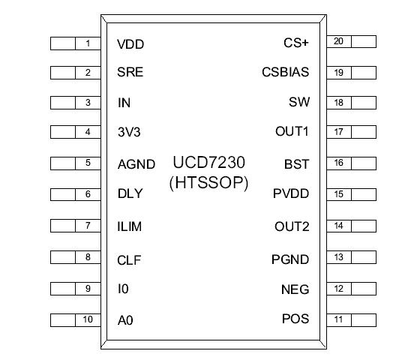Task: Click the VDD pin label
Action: [130, 44]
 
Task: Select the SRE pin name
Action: [130, 73]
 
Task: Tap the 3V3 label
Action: [129, 132]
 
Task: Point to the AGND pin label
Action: [136, 164]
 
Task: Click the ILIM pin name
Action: [130, 226]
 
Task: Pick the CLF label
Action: [129, 261]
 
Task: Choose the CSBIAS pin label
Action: [285, 73]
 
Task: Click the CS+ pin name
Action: [295, 43]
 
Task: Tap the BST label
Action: [296, 163]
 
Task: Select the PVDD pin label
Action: [291, 194]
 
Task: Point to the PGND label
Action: [290, 259]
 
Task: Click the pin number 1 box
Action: [88, 43]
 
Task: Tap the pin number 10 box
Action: [88, 319]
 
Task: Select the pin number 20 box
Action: [338, 41]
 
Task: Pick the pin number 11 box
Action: [338, 319]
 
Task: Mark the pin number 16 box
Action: [338, 162]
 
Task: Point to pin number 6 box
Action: [88, 194]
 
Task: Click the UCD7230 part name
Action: [209, 163]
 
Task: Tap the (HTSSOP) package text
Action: [209, 181]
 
